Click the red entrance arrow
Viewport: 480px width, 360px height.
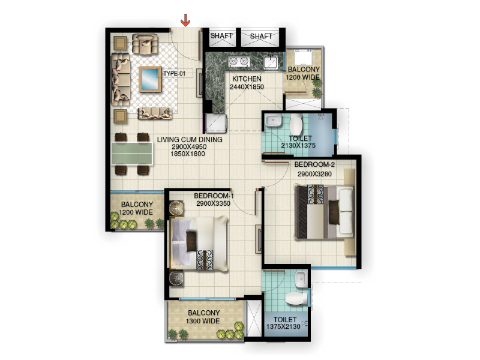click(185, 20)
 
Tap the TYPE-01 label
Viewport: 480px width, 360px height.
click(174, 73)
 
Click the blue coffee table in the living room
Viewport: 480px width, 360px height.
click(150, 79)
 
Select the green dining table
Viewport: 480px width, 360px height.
click(132, 154)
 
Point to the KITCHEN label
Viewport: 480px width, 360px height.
click(247, 79)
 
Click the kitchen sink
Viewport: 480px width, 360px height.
click(271, 62)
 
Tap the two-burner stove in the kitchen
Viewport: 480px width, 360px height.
click(239, 62)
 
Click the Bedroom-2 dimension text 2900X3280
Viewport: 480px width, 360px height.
click(314, 174)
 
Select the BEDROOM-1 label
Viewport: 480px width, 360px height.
click(214, 196)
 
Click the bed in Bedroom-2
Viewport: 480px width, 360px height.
click(324, 212)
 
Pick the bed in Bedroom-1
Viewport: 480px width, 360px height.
click(199, 244)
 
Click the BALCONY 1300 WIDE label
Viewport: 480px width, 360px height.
click(203, 317)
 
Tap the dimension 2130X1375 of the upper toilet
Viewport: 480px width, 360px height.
click(298, 145)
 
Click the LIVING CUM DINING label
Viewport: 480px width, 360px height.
click(190, 140)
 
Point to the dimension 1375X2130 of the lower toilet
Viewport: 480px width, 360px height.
click(283, 326)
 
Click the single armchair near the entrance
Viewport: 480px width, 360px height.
click(145, 44)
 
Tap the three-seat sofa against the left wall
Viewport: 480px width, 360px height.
click(121, 80)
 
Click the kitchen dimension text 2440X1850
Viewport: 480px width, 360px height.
click(247, 87)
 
